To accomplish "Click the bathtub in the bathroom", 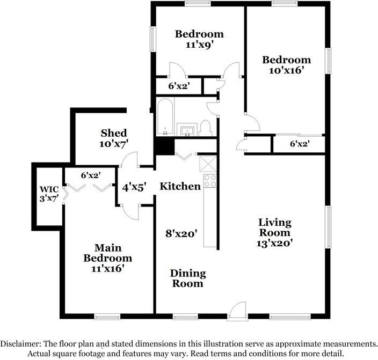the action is point(165,116).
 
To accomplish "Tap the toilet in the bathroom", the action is point(205,128).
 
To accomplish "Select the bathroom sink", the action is point(187,130).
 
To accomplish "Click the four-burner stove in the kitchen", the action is point(210,181).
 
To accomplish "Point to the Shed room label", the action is point(113,133).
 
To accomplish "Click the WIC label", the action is point(49,189).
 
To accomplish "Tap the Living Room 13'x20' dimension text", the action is point(274,243).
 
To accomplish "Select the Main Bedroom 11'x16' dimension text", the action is point(108,268).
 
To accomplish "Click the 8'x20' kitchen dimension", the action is point(181,233).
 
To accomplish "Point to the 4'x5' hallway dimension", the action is point(134,187).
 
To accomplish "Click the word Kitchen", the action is point(180,186).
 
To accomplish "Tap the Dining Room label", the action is point(188,278).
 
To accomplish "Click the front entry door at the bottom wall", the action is point(238,311).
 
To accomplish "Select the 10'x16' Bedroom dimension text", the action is point(286,71).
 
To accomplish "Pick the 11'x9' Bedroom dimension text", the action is point(200,45).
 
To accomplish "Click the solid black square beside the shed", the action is point(165,146).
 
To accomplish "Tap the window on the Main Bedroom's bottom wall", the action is point(107,317).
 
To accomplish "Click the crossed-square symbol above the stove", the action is point(208,164).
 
